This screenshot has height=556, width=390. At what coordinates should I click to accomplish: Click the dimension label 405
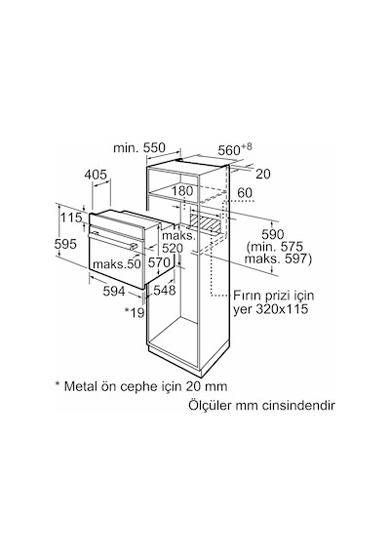(x=96, y=175)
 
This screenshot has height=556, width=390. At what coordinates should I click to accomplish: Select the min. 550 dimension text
(x=139, y=148)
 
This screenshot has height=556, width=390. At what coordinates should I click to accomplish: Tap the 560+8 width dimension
(x=234, y=149)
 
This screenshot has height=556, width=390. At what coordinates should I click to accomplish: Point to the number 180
(x=182, y=191)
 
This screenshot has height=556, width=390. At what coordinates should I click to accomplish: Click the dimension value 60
(x=245, y=192)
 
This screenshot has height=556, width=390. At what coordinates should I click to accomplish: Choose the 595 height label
(x=65, y=244)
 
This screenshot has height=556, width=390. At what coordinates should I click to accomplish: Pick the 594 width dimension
(x=114, y=291)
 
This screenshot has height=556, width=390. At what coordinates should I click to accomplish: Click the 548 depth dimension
(x=165, y=290)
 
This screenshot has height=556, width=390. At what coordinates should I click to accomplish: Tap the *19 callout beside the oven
(x=135, y=312)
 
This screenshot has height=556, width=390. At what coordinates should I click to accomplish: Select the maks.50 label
(x=117, y=263)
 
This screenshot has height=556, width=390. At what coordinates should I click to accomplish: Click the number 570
(x=159, y=262)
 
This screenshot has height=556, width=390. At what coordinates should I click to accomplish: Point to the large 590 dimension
(x=273, y=234)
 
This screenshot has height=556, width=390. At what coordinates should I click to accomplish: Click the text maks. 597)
(x=278, y=258)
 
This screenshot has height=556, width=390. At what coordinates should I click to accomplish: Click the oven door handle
(x=112, y=240)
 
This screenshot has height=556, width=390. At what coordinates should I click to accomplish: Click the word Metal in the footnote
(x=80, y=386)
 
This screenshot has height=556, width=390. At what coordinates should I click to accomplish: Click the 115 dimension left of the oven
(x=71, y=218)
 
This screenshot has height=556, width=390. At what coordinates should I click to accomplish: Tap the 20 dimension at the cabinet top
(x=262, y=174)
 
